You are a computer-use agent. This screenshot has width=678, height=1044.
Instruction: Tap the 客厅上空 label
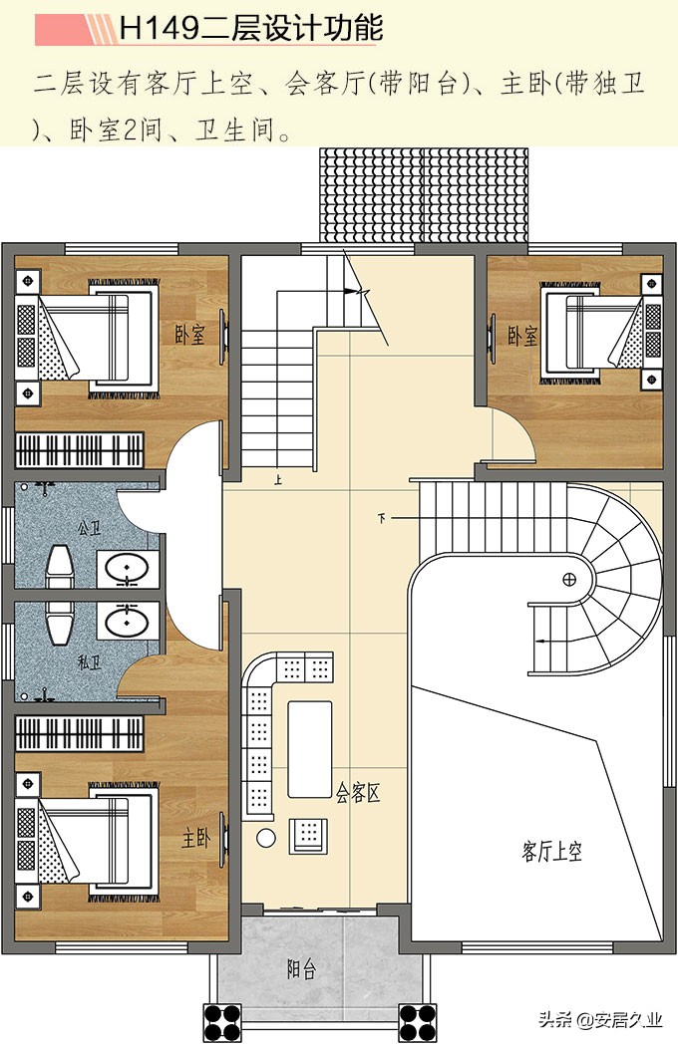552,851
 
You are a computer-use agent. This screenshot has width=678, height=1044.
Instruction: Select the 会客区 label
357,793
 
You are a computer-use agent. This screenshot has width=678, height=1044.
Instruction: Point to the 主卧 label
196,838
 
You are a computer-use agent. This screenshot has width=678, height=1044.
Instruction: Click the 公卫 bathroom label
90,529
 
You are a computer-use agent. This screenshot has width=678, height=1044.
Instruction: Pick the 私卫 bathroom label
90,662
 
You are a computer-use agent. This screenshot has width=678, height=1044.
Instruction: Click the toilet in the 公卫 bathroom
60,567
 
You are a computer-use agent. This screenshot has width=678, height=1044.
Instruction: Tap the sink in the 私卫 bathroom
128,622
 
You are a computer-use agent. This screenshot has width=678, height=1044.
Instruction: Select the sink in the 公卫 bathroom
128,569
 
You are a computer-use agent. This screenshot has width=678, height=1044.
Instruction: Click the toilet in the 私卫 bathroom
60,624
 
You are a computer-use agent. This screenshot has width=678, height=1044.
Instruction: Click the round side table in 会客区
266,838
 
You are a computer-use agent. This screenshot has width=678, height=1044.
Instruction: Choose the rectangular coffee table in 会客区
309,749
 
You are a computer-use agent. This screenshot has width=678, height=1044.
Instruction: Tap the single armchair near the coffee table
308,836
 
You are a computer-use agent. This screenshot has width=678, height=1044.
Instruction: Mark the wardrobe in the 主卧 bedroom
80,734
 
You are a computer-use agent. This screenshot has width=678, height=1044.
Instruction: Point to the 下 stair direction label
381,517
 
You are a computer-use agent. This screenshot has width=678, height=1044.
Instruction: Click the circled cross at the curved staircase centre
568,579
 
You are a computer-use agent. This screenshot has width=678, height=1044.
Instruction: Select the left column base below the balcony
222,1022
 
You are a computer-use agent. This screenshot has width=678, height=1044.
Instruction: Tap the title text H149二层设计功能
250,30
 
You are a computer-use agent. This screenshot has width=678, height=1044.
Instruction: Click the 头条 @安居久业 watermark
600,1019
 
